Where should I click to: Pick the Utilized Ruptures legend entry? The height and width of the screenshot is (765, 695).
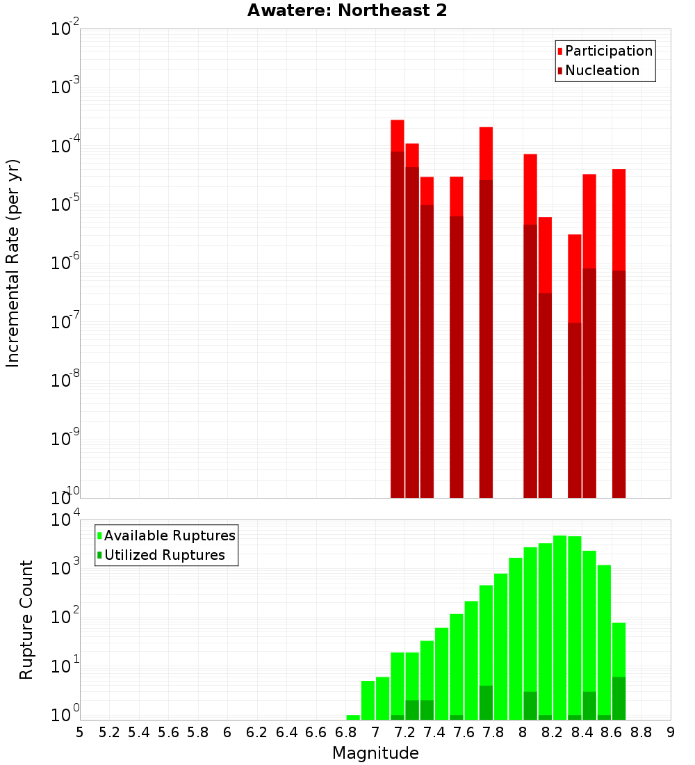click(x=164, y=555)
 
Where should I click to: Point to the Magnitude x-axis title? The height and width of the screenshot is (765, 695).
click(x=375, y=753)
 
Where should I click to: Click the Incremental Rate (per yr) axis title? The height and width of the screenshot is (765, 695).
click(x=13, y=263)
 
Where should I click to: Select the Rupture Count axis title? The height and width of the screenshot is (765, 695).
click(x=26, y=620)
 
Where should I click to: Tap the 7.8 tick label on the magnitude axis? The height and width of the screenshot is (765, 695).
click(x=493, y=732)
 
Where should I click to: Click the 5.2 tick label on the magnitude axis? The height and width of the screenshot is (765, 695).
click(x=110, y=732)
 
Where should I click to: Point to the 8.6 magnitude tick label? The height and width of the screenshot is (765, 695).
click(x=612, y=732)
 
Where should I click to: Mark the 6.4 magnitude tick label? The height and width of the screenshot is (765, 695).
click(x=287, y=732)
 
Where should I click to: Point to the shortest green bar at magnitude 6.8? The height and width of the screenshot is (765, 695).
click(x=353, y=717)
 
